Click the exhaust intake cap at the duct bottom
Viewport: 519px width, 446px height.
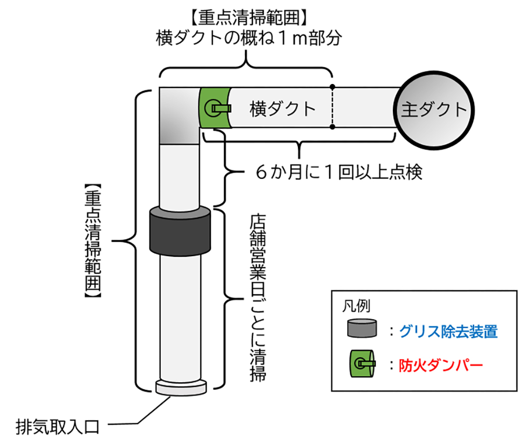pyautogui.click(x=179, y=386)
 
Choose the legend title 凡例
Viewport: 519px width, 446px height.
pyautogui.click(x=359, y=306)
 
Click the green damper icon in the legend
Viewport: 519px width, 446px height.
pyautogui.click(x=363, y=365)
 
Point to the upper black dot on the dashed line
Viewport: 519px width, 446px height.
pyautogui.click(x=333, y=86)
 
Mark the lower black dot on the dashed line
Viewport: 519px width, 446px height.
pyautogui.click(x=333, y=127)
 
